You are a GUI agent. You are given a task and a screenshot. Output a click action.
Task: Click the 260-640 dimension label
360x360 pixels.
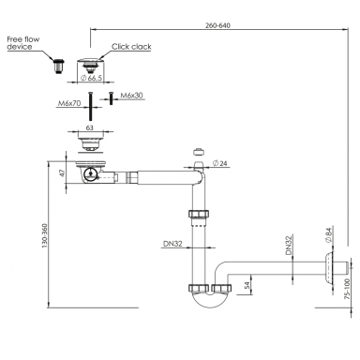pyautogui.click(x=217, y=25)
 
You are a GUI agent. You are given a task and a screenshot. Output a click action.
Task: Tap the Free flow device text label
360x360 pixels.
pyautogui.click(x=23, y=43)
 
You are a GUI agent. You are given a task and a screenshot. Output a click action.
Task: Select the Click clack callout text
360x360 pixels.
pyautogui.click(x=131, y=47)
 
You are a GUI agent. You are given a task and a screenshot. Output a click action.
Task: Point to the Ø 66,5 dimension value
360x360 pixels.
pyautogui.click(x=92, y=78)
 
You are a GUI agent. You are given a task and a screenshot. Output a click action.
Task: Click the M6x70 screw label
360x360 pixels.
pyautogui.click(x=69, y=103)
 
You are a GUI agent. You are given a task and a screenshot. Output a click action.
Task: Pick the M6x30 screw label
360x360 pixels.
pyautogui.click(x=131, y=96)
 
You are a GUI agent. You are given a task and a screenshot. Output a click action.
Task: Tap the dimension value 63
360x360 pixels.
pyautogui.click(x=90, y=127)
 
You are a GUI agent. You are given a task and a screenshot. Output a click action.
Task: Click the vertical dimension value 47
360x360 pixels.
pyautogui.click(x=63, y=172)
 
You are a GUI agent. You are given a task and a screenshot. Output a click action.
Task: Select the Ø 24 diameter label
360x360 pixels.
pyautogui.click(x=219, y=163)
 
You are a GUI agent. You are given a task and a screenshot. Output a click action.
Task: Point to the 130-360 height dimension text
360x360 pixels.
pyautogui.click(x=44, y=236)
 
